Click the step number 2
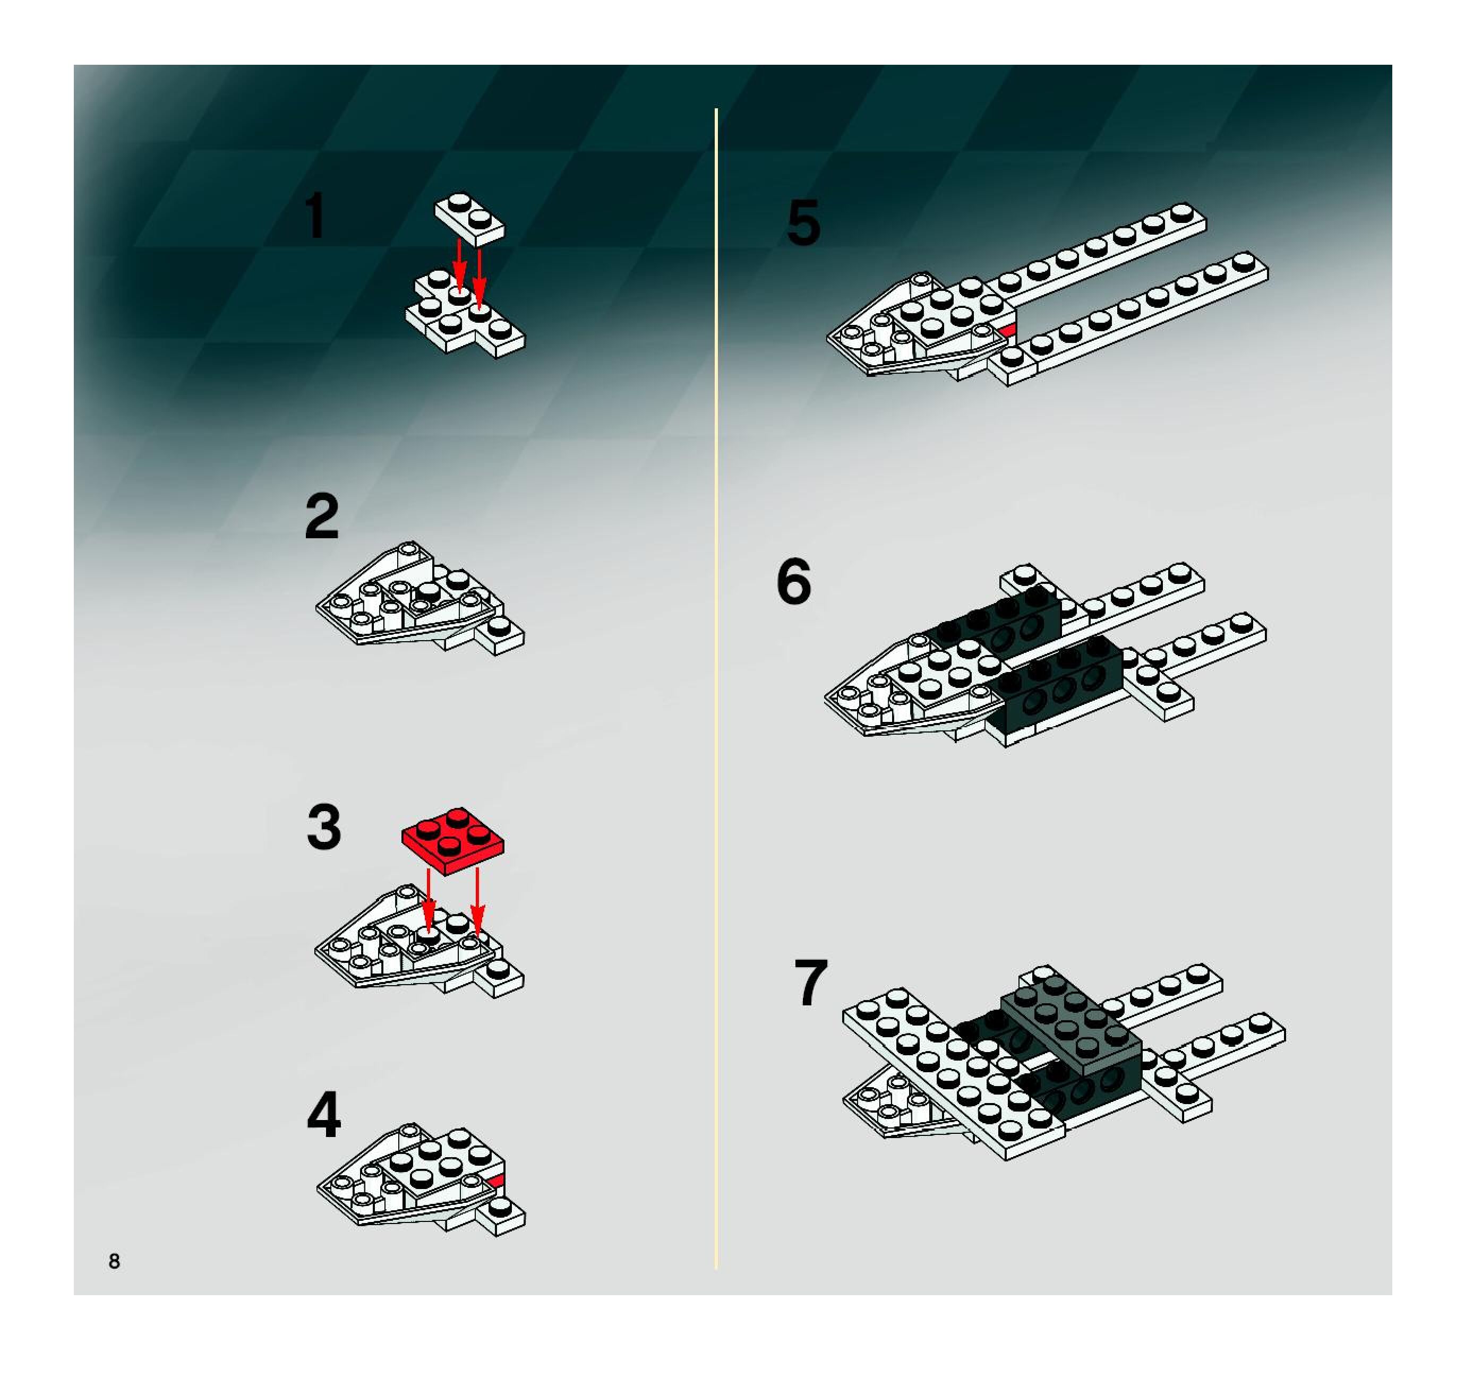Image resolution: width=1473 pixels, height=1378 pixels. click(x=322, y=517)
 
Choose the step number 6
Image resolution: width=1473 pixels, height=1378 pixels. click(x=794, y=582)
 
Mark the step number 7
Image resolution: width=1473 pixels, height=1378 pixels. click(x=811, y=983)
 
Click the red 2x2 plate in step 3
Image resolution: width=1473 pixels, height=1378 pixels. click(x=453, y=841)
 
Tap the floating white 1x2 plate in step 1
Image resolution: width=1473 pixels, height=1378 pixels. click(x=469, y=219)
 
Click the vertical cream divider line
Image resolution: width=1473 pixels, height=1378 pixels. click(x=716, y=689)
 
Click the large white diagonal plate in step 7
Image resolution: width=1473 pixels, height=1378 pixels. click(x=954, y=1073)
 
